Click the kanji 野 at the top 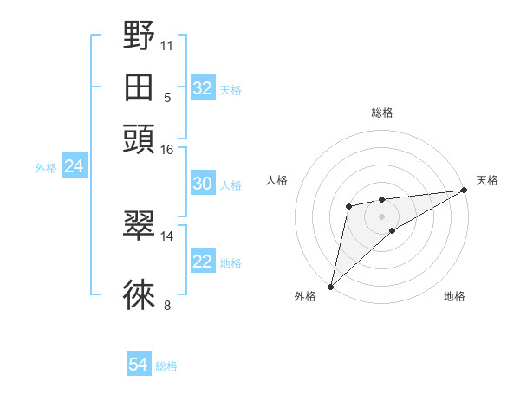pyautogui.click(x=139, y=37)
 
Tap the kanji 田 pyautogui.click(x=139, y=87)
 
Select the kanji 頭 pyautogui.click(x=139, y=138)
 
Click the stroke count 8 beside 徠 pyautogui.click(x=166, y=305)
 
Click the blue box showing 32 pyautogui.click(x=203, y=88)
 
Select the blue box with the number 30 pyautogui.click(x=203, y=184)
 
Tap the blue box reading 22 pyautogui.click(x=203, y=262)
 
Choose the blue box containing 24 pyautogui.click(x=74, y=166)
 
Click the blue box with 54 pyautogui.click(x=139, y=365)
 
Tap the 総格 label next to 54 pyautogui.click(x=166, y=366)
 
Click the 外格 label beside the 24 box pyautogui.click(x=46, y=168)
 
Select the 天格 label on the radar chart pyautogui.click(x=487, y=180)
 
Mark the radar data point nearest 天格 pyautogui.click(x=464, y=191)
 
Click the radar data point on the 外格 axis pyautogui.click(x=330, y=286)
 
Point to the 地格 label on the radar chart pyautogui.click(x=454, y=297)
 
